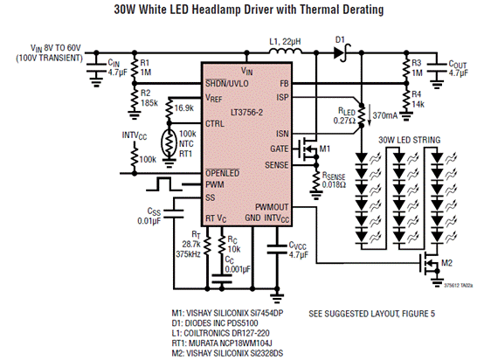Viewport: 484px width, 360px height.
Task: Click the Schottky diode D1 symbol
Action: click(x=342, y=52)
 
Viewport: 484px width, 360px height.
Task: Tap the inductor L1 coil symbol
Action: click(x=285, y=51)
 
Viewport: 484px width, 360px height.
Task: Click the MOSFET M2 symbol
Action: click(x=429, y=263)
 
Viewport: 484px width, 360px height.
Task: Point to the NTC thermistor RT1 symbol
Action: click(x=169, y=143)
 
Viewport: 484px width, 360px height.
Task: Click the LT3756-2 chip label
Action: click(x=247, y=113)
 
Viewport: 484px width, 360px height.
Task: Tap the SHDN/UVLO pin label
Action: click(x=227, y=83)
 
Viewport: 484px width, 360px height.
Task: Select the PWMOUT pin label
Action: click(x=272, y=207)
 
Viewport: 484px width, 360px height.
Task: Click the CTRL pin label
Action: click(x=215, y=124)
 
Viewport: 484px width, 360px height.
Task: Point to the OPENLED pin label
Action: click(x=223, y=173)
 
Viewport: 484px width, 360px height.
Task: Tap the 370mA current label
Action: click(x=385, y=116)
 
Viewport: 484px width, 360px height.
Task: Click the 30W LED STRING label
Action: click(x=409, y=140)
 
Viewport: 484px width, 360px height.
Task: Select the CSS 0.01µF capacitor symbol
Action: click(x=173, y=213)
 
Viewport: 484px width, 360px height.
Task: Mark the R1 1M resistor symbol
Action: click(x=135, y=67)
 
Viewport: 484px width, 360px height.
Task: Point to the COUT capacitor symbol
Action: click(x=437, y=67)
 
